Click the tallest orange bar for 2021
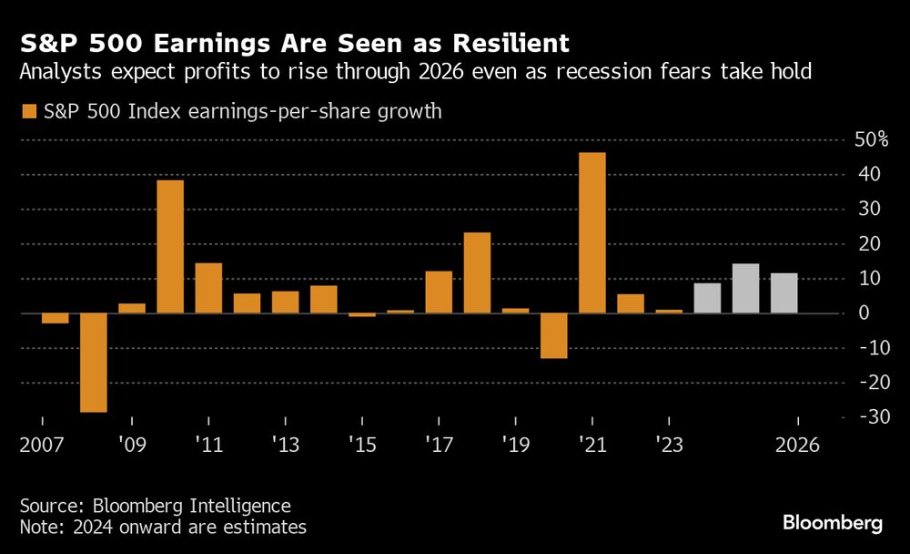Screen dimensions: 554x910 (x=592, y=232)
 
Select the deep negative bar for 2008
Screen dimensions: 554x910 (x=93, y=363)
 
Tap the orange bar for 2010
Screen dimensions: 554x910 (x=170, y=246)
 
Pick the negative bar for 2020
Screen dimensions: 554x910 (x=554, y=335)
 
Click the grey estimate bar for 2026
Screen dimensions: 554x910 (x=784, y=292)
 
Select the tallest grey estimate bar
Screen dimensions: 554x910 (x=745, y=288)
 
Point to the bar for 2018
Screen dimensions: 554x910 (x=477, y=272)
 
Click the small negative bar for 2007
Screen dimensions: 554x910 (x=55, y=318)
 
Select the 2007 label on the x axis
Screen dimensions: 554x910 (x=42, y=446)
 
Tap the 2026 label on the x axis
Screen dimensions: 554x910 (x=798, y=446)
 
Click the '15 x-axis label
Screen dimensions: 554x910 (x=362, y=446)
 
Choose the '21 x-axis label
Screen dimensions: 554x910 (x=591, y=446)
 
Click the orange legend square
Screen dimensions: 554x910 (x=29, y=112)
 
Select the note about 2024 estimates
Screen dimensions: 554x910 (x=163, y=528)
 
